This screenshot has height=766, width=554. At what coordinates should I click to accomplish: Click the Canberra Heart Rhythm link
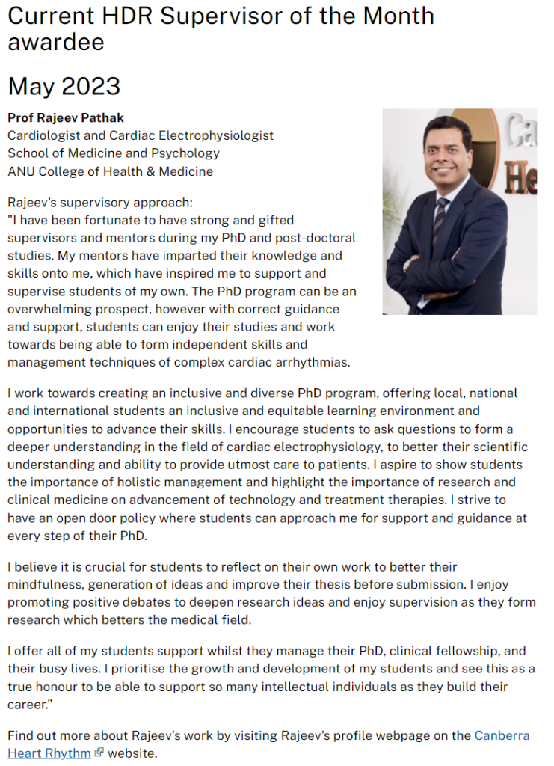click(502, 735)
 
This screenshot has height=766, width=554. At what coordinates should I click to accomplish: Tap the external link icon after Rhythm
click(98, 753)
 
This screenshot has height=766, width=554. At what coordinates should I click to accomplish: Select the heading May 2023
click(64, 86)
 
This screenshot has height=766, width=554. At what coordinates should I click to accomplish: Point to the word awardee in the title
click(56, 42)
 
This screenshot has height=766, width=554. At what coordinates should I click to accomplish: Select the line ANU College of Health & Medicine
click(110, 171)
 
